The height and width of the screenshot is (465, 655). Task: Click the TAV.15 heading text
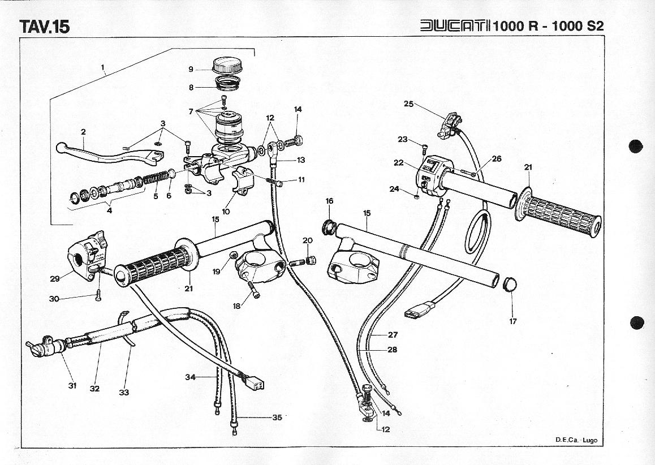pos(44,27)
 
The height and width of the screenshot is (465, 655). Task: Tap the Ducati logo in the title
pos(455,26)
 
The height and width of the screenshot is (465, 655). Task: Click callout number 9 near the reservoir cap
pos(191,70)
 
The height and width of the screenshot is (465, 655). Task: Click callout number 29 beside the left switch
pos(54,278)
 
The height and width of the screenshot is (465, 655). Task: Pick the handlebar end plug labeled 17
pos(511,283)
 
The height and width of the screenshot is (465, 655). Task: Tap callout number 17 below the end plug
pos(512,321)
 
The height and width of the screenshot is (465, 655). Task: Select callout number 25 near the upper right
pos(409,104)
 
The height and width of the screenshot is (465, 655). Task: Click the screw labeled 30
pos(97,293)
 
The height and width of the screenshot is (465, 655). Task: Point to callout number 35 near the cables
pos(277,418)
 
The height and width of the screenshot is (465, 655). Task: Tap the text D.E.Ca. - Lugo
pos(576,440)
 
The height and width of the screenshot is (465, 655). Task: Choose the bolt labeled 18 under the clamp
pos(254,292)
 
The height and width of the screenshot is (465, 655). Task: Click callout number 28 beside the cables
pos(392,350)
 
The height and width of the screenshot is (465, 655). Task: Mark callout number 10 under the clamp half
pos(226,212)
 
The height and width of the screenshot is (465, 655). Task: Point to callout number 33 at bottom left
pos(124,392)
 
